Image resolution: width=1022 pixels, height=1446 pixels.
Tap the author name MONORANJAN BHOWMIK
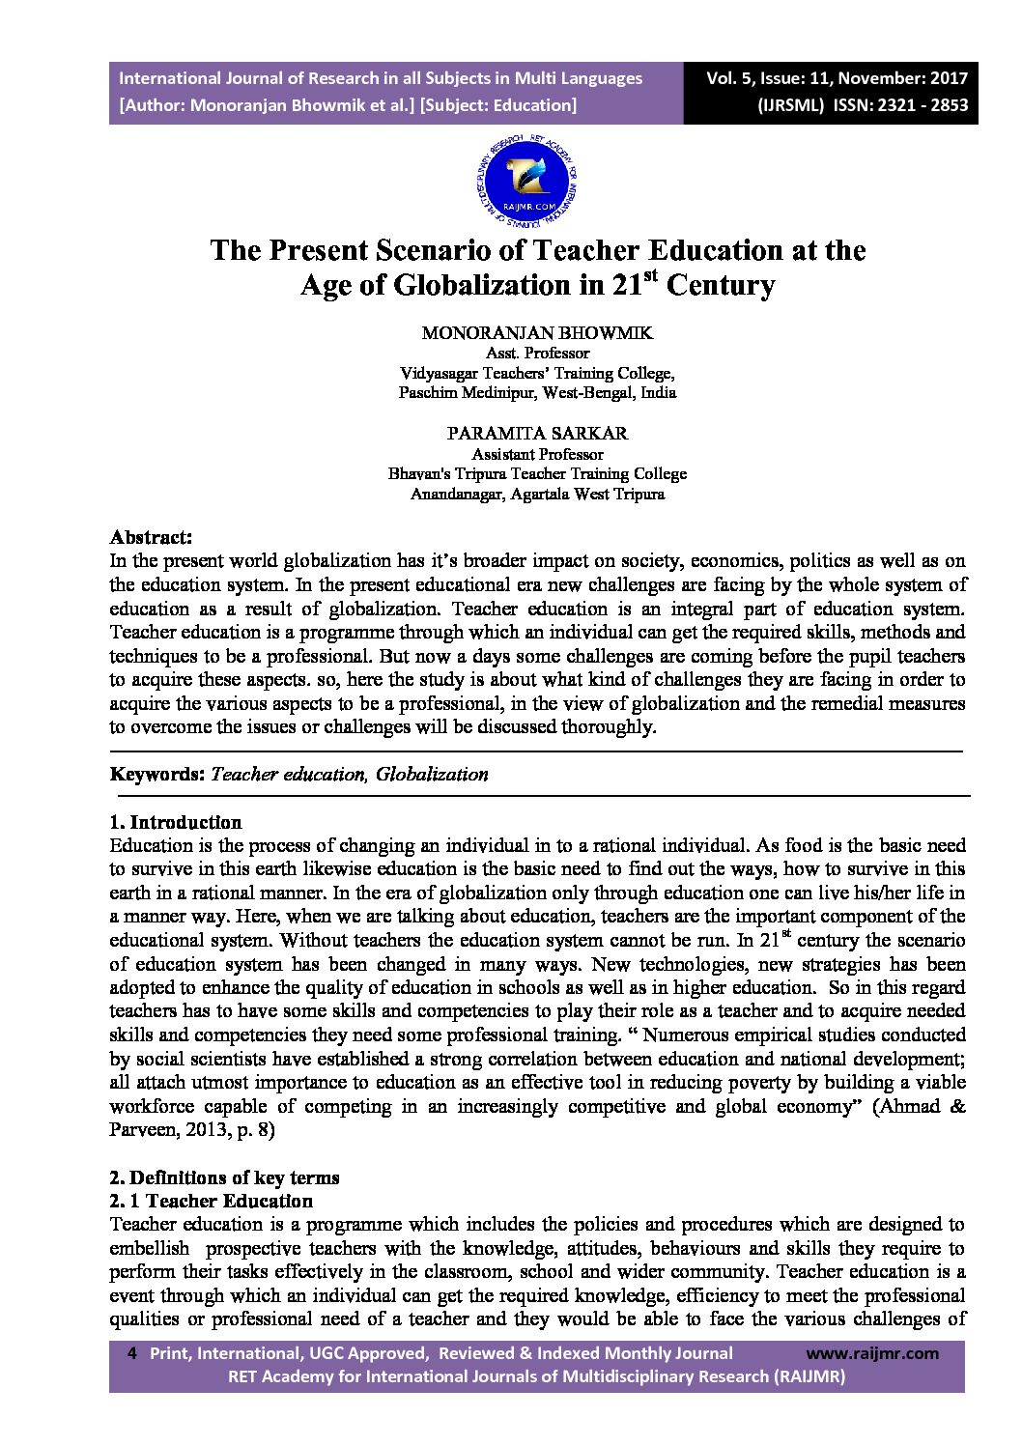pyautogui.click(x=537, y=333)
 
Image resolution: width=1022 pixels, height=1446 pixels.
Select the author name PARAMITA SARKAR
pyautogui.click(x=537, y=434)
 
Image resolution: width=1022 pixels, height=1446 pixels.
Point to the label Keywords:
pyautogui.click(x=156, y=774)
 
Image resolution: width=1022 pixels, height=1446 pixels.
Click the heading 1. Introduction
pyautogui.click(x=176, y=822)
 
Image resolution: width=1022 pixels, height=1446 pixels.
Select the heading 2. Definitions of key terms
pyautogui.click(x=224, y=1177)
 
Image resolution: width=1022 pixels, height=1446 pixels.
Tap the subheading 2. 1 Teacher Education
pyautogui.click(x=212, y=1201)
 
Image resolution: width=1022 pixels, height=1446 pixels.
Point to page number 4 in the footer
pyautogui.click(x=132, y=1353)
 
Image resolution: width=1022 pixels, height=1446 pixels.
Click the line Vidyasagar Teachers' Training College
pyautogui.click(x=537, y=373)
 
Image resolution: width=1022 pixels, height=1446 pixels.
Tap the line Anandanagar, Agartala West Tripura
pyautogui.click(x=537, y=495)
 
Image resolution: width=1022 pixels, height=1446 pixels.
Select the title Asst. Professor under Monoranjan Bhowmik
pyautogui.click(x=537, y=354)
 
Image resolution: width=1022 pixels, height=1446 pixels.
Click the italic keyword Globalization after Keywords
pyautogui.click(x=432, y=774)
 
